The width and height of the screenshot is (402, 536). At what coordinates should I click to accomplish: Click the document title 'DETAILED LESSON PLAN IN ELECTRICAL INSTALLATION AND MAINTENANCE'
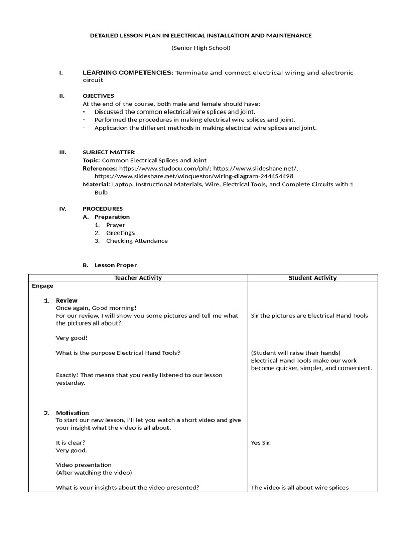pyautogui.click(x=201, y=35)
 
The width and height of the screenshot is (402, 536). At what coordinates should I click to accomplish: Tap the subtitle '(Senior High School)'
pyautogui.click(x=201, y=48)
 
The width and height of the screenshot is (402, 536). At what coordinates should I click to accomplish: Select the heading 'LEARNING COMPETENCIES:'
pyautogui.click(x=128, y=73)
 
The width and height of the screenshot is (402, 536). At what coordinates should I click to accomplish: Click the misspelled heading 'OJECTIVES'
pyautogui.click(x=98, y=96)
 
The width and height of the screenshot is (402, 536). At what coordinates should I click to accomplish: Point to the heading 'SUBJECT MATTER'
pyautogui.click(x=108, y=152)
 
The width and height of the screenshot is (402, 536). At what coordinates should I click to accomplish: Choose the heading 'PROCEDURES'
pyautogui.click(x=103, y=209)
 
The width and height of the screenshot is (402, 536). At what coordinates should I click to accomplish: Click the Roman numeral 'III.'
pyautogui.click(x=63, y=152)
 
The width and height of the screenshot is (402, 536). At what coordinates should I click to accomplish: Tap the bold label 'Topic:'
pyautogui.click(x=92, y=160)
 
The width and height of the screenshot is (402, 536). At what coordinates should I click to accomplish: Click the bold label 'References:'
pyautogui.click(x=100, y=169)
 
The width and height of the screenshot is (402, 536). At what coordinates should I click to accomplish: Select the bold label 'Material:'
pyautogui.click(x=96, y=185)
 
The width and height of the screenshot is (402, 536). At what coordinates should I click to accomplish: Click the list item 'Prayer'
pyautogui.click(x=116, y=225)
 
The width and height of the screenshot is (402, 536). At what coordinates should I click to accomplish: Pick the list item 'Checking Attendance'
pyautogui.click(x=137, y=241)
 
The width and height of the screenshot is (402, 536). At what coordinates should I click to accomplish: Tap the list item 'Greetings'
pyautogui.click(x=120, y=233)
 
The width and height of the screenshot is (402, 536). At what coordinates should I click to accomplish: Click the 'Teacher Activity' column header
pyautogui.click(x=138, y=278)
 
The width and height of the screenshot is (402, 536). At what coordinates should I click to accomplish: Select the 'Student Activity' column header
pyautogui.click(x=312, y=278)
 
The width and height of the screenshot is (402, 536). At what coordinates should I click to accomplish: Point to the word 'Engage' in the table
pyautogui.click(x=42, y=286)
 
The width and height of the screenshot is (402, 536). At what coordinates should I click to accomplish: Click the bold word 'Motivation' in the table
pyautogui.click(x=72, y=413)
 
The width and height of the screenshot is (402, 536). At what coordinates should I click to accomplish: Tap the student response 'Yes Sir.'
pyautogui.click(x=261, y=443)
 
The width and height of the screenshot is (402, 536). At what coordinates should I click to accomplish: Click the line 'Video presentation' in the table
pyautogui.click(x=84, y=465)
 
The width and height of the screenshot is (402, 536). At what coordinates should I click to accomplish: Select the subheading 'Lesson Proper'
pyautogui.click(x=115, y=266)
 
